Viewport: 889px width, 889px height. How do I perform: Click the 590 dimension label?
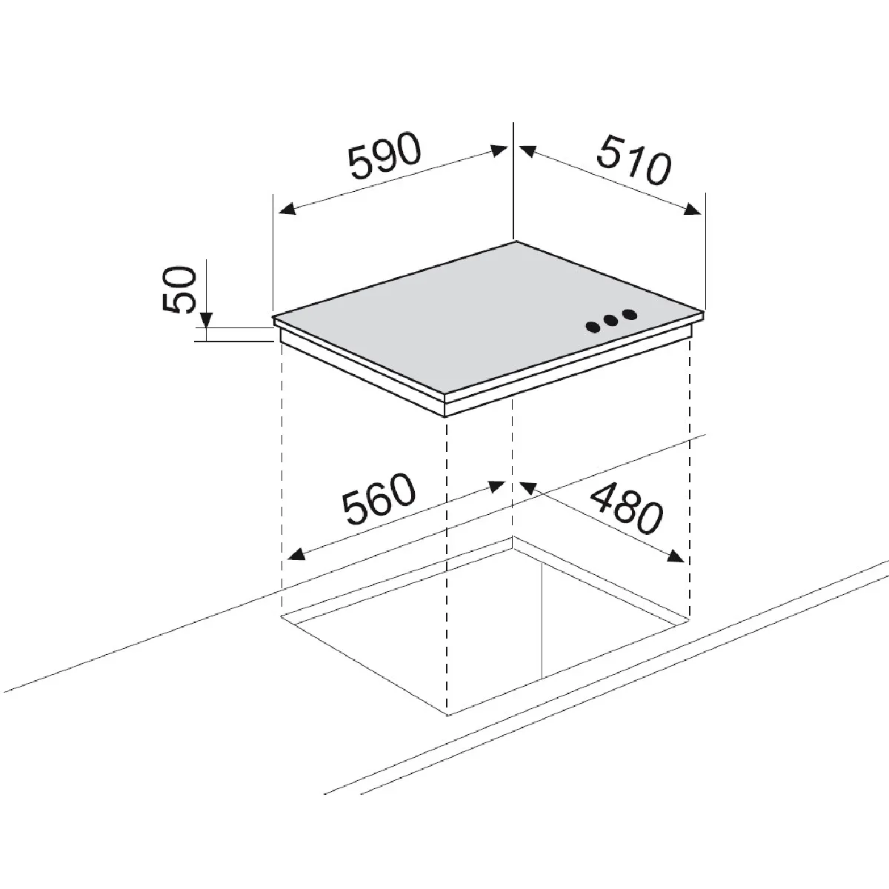(x=384, y=156)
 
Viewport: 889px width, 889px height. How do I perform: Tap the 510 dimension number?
(x=633, y=159)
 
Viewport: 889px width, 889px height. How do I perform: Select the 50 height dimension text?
(x=179, y=289)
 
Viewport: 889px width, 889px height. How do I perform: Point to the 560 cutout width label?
(x=379, y=499)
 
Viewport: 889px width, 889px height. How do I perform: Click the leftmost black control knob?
(x=593, y=327)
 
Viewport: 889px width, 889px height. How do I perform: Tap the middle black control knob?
(x=611, y=321)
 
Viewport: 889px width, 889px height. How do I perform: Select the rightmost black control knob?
(x=629, y=315)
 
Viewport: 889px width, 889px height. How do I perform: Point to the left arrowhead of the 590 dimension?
(x=287, y=209)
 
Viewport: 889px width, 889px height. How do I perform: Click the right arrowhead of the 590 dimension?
(x=499, y=151)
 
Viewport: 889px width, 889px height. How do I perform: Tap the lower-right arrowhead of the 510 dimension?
(x=693, y=209)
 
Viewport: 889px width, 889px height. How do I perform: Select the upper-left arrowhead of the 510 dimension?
(x=527, y=151)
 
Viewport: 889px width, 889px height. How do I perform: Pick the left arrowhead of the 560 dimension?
(x=296, y=553)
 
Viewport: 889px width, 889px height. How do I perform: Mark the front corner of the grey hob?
(x=444, y=394)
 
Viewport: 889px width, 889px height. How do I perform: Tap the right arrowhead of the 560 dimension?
(x=497, y=486)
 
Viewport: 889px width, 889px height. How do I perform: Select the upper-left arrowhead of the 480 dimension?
(x=527, y=487)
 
